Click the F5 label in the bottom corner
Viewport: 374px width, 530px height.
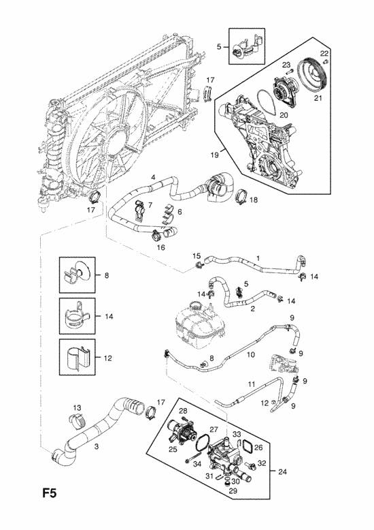coord(49,493)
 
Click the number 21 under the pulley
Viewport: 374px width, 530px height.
coord(318,98)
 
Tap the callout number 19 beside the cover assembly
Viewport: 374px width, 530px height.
coord(214,155)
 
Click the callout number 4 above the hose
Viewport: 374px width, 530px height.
coord(153,176)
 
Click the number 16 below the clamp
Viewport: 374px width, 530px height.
coord(161,247)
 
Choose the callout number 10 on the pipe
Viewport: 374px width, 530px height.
coord(250,354)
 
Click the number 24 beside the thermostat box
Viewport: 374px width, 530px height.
coord(282,471)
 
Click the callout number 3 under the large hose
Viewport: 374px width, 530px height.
coord(97,446)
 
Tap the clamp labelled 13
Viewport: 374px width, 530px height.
coord(78,420)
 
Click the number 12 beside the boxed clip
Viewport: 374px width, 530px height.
coord(107,358)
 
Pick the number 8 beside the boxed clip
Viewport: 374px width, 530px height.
coord(107,275)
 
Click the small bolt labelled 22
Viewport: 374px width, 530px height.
coord(326,61)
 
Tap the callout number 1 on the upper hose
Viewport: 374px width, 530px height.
coord(258,258)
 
